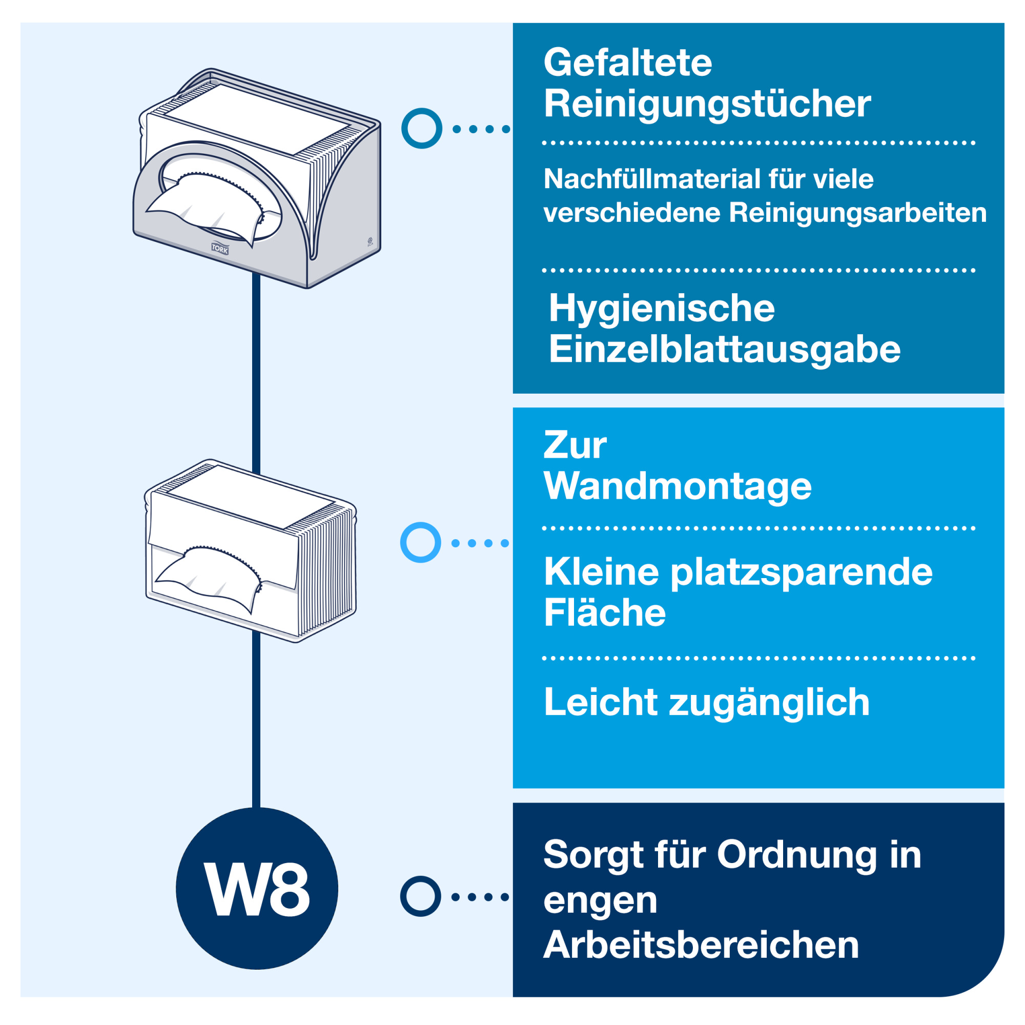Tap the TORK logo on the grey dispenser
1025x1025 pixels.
point(220,248)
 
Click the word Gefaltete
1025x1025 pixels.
point(628,63)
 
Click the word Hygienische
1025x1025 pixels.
point(661,308)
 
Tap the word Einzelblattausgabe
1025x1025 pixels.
point(724,350)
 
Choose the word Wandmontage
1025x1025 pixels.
point(678,486)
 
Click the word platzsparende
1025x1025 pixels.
point(801,572)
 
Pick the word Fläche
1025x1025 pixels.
point(604,613)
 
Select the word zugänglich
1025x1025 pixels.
point(769,703)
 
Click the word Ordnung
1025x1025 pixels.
point(796,855)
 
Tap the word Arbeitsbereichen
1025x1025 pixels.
point(701,946)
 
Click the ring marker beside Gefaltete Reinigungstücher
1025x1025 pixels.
point(422,129)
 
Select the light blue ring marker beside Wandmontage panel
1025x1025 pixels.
point(420,542)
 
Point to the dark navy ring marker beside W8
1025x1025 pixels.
point(420,896)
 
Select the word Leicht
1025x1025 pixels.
point(601,703)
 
